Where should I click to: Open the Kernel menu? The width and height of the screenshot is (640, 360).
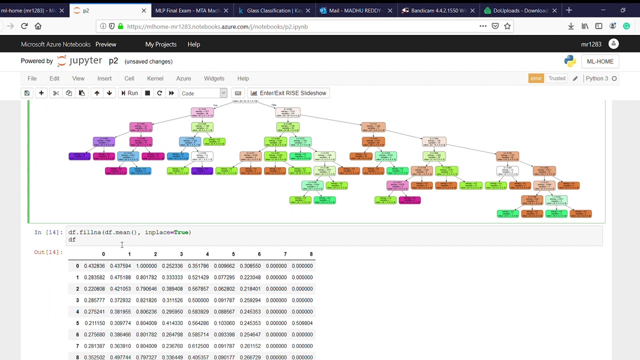[155, 78]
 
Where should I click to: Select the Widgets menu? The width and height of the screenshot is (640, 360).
[214, 78]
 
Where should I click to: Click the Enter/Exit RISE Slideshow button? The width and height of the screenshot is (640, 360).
[288, 93]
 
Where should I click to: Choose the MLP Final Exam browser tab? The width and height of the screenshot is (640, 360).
[187, 10]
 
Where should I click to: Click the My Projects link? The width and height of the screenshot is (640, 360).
[160, 44]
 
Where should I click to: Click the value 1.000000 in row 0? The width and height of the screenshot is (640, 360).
[146, 266]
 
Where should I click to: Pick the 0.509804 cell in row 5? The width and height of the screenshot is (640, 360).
[302, 323]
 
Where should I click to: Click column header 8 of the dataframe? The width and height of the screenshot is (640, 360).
[311, 254]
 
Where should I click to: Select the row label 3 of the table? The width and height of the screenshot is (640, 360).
[77, 300]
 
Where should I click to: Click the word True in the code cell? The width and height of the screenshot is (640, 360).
[181, 232]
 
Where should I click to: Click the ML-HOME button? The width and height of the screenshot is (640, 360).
[600, 61]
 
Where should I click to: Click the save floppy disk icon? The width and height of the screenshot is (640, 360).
[27, 93]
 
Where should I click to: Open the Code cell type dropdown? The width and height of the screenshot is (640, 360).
[203, 93]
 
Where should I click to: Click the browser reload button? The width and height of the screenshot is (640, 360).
[24, 26]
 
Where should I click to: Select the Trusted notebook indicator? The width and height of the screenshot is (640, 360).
[556, 78]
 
